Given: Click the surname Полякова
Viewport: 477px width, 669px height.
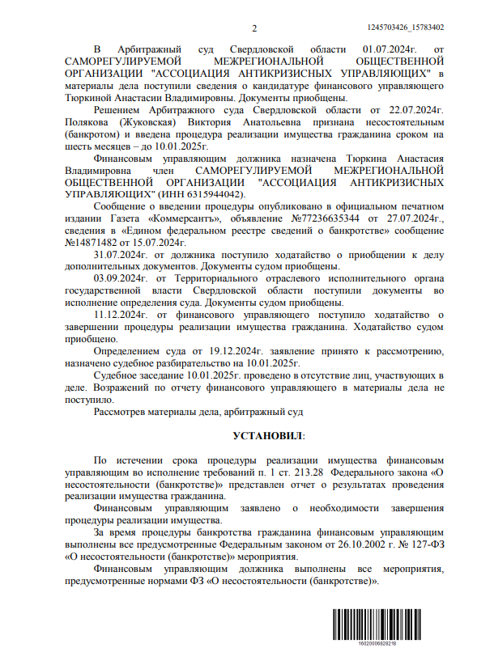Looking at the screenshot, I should [116, 122].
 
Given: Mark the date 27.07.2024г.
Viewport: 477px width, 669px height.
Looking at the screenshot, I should [415, 219].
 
